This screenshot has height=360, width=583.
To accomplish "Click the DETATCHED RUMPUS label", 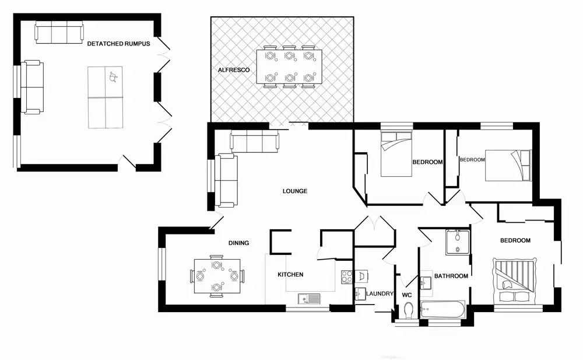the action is click(x=118, y=44).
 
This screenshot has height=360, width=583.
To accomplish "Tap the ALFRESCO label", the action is click(x=234, y=70).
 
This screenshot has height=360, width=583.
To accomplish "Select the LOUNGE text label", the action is click(x=295, y=191).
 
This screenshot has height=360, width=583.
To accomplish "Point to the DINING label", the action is click(x=238, y=243).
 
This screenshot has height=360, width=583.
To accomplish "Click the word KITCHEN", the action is click(x=290, y=274).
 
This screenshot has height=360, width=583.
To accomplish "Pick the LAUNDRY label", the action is click(x=380, y=293).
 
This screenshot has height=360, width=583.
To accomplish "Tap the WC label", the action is click(x=407, y=295).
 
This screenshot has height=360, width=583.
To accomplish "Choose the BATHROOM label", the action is click(x=451, y=276).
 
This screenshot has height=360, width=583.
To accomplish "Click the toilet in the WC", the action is click(x=408, y=310).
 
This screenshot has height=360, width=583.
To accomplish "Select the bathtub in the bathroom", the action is click(x=442, y=309).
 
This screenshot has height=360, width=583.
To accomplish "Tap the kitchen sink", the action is click(x=308, y=299).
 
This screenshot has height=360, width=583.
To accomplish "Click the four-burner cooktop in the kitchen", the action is click(x=347, y=277).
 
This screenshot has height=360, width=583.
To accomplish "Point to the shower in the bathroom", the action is click(x=458, y=242).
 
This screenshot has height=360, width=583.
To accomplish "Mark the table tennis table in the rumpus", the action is click(x=105, y=97).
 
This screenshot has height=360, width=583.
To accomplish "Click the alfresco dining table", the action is click(x=289, y=67).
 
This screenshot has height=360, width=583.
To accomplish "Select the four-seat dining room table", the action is click(x=217, y=276).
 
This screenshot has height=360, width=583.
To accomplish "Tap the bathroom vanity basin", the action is click(x=426, y=283).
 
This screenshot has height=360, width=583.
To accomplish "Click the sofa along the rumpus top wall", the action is click(x=59, y=33).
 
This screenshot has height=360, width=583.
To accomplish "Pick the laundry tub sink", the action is click(x=360, y=294).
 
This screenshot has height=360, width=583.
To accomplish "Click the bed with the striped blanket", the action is click(x=515, y=281).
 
